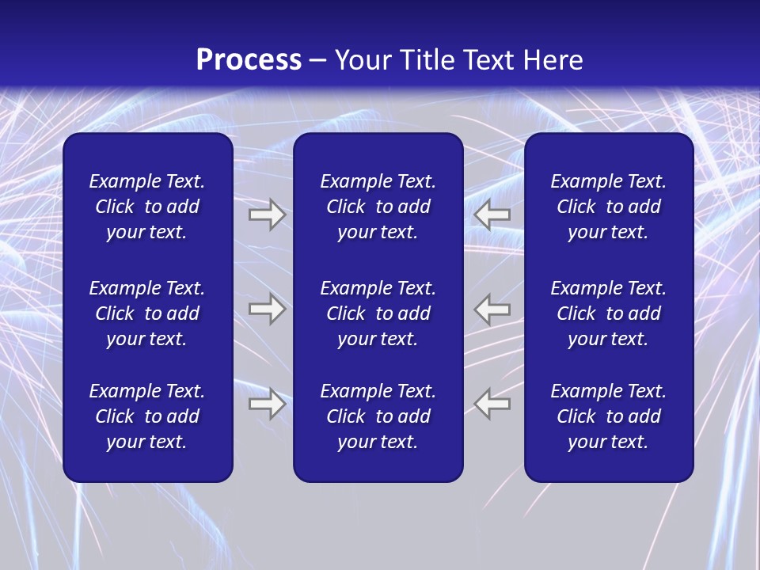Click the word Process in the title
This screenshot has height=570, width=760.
(249, 60)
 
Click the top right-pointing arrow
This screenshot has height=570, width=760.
(267, 215)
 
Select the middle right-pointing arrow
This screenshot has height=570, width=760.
(267, 309)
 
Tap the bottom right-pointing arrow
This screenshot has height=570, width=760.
(267, 403)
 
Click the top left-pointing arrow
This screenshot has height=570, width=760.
(492, 215)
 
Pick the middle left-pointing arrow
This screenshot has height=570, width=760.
(492, 309)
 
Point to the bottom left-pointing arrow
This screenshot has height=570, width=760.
(492, 403)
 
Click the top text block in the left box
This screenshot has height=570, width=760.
(147, 207)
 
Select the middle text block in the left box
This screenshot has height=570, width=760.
(147, 313)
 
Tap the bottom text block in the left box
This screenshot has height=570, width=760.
(147, 416)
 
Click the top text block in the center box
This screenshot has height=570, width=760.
(378, 207)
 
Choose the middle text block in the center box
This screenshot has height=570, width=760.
(378, 313)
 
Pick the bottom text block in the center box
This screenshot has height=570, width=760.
(378, 416)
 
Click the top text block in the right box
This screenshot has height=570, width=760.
(608, 207)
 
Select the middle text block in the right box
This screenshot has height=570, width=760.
(608, 313)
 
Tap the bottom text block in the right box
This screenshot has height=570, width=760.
(608, 416)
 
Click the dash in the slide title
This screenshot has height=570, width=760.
(318, 61)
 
